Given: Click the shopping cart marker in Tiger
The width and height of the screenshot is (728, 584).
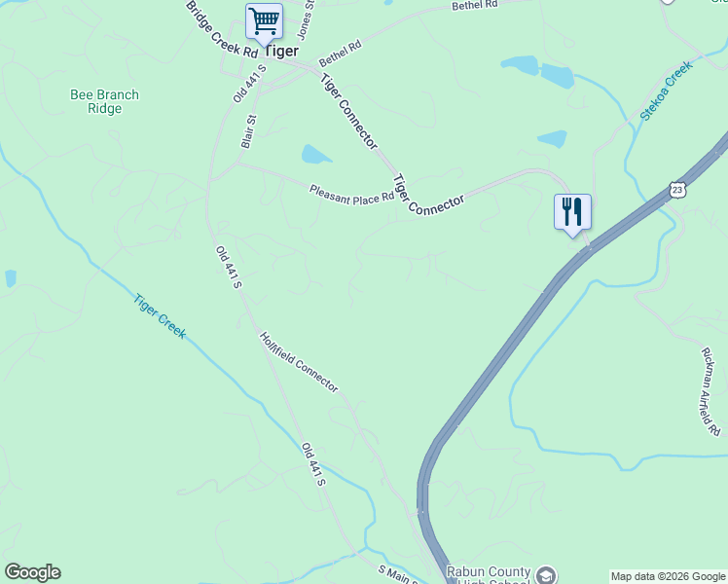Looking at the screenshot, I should (x=263, y=21).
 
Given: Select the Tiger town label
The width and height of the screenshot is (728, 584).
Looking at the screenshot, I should (x=281, y=51).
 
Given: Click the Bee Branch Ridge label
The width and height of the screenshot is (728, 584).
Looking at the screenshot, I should (x=104, y=102).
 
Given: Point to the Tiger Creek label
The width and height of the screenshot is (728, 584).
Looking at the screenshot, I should (x=160, y=315).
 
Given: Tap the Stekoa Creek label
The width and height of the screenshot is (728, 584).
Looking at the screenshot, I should (x=665, y=91).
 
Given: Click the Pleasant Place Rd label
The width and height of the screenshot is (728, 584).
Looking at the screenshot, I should (x=351, y=193).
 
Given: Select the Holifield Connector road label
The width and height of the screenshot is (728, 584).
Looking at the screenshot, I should (x=299, y=362).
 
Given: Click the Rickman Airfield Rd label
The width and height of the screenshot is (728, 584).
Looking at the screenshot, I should (x=710, y=391).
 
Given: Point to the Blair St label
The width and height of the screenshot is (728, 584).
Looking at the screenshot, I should (x=248, y=132).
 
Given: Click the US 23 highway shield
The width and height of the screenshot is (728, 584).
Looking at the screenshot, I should (x=677, y=188).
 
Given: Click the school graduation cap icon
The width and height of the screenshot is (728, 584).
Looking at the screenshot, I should (x=546, y=575).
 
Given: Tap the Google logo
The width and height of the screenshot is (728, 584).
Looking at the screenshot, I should (x=32, y=572).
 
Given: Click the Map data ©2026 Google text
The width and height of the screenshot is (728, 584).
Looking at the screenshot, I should (x=668, y=576).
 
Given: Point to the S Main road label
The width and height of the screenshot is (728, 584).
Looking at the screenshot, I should (x=397, y=574).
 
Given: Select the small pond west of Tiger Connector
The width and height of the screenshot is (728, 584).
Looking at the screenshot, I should (x=316, y=154).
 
